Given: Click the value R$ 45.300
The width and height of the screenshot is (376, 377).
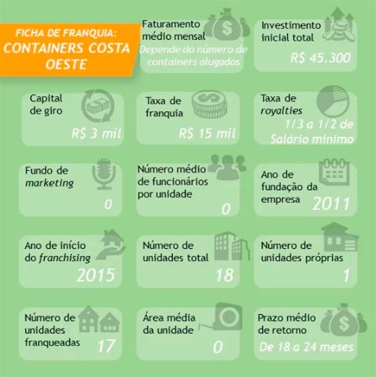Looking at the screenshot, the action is click(320, 58).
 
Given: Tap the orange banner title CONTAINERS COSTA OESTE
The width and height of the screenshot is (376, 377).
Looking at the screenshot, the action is click(66, 56).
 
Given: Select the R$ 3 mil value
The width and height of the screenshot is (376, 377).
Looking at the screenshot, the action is click(96, 133).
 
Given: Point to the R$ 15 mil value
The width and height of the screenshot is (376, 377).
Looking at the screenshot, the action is click(207, 133).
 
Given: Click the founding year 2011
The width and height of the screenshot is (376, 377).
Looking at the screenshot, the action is click(331, 204).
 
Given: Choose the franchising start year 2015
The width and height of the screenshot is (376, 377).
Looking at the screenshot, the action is click(96, 275).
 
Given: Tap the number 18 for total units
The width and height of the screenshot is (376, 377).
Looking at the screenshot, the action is click(224, 275).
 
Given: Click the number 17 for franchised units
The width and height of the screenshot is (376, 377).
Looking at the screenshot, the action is click(107, 346).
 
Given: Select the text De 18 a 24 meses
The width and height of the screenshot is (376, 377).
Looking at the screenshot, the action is click(306, 347).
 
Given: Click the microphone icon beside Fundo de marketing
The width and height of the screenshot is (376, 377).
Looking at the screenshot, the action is click(104, 174).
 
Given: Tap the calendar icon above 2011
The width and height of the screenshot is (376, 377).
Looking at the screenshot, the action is click(334, 172).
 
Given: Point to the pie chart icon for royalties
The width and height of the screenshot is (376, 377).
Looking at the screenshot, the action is click(333, 102).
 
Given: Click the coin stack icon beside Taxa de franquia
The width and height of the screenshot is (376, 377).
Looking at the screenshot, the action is click(209, 104).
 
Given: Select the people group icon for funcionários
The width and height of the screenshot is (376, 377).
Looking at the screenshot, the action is click(227, 167).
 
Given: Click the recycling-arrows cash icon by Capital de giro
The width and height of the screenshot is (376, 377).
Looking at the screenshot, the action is click(98, 106).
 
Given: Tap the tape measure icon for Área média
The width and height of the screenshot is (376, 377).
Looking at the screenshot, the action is click(221, 317).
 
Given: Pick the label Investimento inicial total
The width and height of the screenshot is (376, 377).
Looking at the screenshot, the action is click(291, 31).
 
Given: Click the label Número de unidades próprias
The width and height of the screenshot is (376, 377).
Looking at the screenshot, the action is click(302, 252).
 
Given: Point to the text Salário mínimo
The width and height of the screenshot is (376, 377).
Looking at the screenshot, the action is click(312, 139).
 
